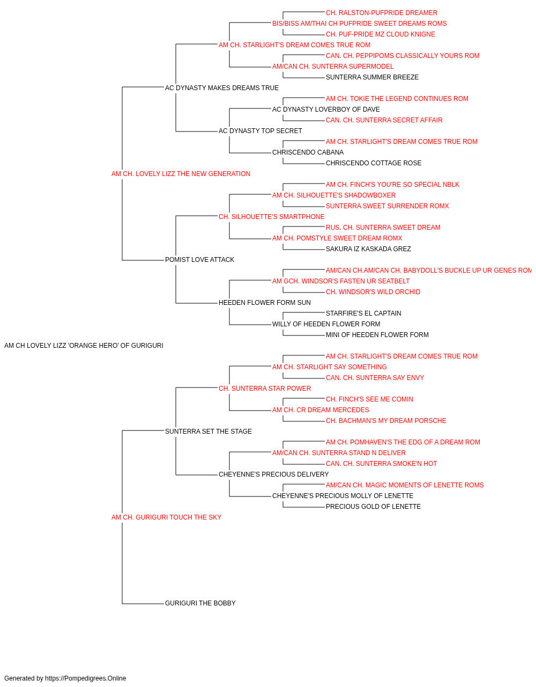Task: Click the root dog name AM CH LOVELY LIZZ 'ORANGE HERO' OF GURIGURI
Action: pos(84,346)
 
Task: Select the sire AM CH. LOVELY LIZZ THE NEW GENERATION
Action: pos(181,174)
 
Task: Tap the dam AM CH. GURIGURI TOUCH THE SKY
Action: pos(166,517)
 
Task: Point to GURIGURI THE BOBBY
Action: pos(200,603)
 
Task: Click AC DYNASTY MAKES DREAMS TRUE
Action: pos(222,88)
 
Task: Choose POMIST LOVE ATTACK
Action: pos(199,260)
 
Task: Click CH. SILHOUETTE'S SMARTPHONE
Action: pos(271,216)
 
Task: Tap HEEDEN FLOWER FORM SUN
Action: pos(265,303)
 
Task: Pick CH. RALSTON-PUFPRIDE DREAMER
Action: pos(382,13)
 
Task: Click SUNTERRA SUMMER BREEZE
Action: pos(372,77)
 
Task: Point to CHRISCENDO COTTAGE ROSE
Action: pos(374,163)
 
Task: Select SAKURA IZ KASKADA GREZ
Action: pos(368,249)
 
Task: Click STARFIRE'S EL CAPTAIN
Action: pos(363,313)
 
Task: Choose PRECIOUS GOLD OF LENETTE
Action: pos(373,507)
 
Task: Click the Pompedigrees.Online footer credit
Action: pos(65,678)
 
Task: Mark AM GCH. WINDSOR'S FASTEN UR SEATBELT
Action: pos(341,281)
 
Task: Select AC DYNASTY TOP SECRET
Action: pos(260,131)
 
